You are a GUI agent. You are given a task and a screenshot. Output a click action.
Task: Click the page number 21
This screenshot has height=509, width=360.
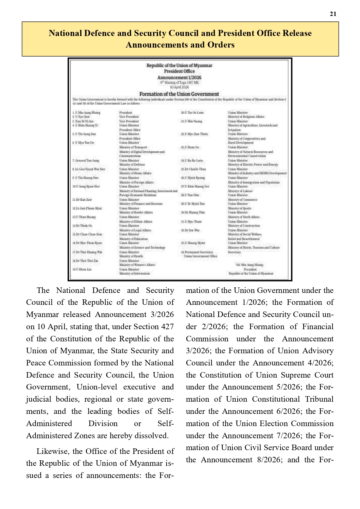click(333, 14)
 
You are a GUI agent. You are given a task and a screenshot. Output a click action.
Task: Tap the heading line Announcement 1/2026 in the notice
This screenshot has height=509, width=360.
click(179, 77)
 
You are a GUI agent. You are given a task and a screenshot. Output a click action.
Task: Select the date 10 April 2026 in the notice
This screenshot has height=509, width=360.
click(179, 87)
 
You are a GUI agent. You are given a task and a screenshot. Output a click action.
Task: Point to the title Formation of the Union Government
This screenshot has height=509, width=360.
click(179, 94)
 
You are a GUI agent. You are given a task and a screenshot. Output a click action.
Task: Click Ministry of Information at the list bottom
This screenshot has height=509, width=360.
click(135, 273)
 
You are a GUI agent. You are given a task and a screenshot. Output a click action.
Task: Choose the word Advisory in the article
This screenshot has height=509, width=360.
click(318, 351)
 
